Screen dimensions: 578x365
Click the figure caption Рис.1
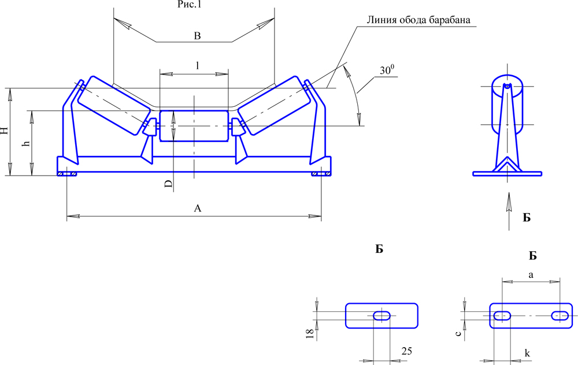pos(190,5)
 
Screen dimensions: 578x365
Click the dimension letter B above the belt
pos(198,36)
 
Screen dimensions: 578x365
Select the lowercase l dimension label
pos(198,66)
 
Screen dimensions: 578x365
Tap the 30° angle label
pos(387,70)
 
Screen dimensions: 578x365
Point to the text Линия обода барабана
pos(418,20)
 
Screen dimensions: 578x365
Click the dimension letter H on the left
pos(5,131)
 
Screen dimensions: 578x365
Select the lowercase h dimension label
pos(26,143)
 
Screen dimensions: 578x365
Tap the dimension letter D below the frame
pos(168,184)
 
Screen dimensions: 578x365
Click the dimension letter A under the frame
pos(198,208)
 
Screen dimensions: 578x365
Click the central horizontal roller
pos(194,125)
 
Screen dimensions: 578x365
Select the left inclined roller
pos(114,105)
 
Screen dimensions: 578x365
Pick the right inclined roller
pos(273,105)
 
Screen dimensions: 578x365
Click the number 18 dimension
pos(310,333)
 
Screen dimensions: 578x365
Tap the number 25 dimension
pos(406,351)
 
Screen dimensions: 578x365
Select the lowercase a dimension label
pos(531,274)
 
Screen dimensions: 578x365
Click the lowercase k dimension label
pos(527,353)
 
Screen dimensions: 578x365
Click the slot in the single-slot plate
pos(382,316)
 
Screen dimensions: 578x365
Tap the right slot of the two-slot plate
pos(560,315)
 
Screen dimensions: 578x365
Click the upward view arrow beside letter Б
pos(509,211)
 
